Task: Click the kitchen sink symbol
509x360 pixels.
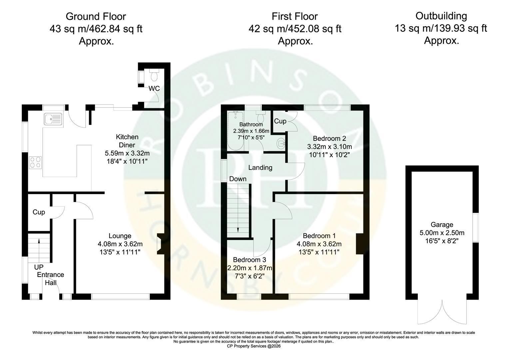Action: point(53,119)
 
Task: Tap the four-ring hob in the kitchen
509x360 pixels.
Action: point(35,163)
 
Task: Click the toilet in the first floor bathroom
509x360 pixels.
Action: point(260,117)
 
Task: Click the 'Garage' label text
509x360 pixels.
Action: point(442,225)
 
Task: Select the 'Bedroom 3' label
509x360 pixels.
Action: point(250,260)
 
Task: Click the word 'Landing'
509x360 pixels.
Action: point(260,168)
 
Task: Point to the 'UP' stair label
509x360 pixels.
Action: point(39,267)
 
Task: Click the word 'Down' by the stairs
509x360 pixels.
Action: point(238,179)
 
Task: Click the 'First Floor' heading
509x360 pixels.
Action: point(295,16)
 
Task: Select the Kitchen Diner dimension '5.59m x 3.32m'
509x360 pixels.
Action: point(127,153)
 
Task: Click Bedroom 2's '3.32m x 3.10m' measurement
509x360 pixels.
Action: point(329,147)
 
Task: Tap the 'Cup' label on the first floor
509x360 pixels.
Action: point(280,121)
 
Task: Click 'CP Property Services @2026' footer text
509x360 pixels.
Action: point(254,346)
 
